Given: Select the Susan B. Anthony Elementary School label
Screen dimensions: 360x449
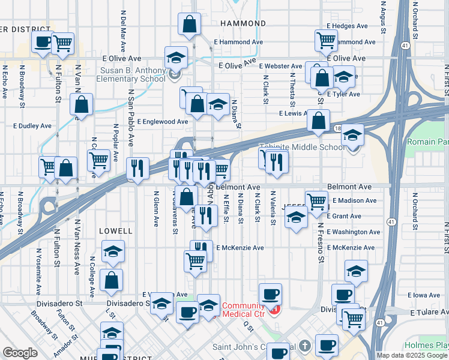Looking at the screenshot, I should (x=132, y=74).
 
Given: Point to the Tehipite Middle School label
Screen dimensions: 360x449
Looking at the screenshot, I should (x=302, y=147).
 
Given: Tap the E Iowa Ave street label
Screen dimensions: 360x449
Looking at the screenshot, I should (x=424, y=295).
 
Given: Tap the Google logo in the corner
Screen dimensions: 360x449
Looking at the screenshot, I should (x=20, y=353).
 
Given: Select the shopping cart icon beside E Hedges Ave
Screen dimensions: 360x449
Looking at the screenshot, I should (x=326, y=41).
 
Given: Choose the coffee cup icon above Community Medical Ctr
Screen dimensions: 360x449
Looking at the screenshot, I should (x=270, y=294).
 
